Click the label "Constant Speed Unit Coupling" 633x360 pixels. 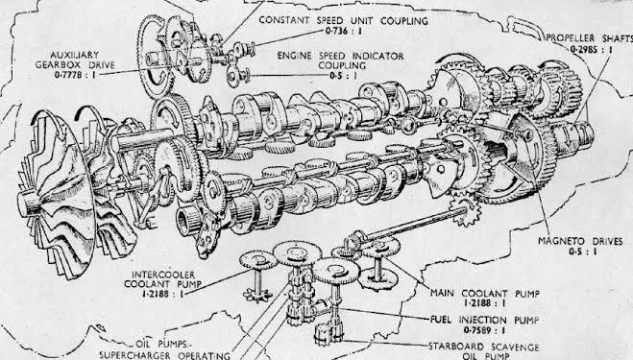[343, 20]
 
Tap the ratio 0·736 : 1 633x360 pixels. [343, 31]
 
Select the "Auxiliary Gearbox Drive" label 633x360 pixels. [75, 60]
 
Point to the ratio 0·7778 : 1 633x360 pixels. [75, 75]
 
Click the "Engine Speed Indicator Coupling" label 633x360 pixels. [340, 60]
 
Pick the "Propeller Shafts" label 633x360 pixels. [590, 38]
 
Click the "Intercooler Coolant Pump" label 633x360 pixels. [163, 279]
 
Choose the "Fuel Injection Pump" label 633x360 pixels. [484, 320]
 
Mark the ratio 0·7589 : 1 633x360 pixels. [484, 330]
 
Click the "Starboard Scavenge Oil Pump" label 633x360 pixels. [483, 351]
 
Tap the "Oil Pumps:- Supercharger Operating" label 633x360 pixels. [164, 349]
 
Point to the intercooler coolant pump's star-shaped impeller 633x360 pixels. [257, 294]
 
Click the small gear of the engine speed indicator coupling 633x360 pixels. [233, 75]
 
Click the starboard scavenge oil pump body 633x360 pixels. [329, 334]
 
